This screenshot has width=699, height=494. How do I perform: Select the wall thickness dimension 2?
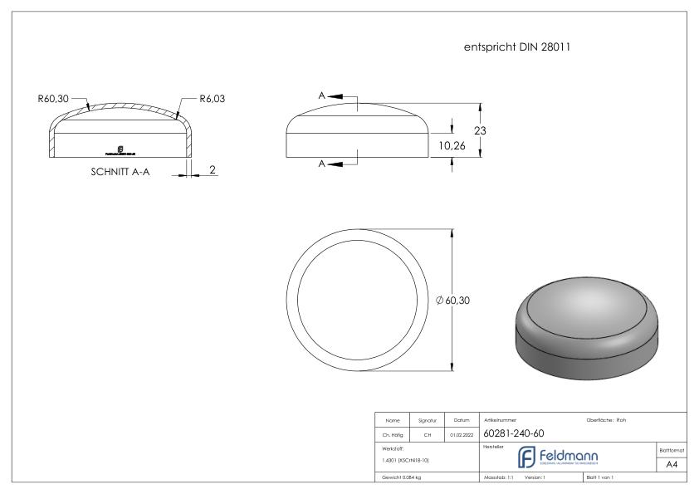point(213,169)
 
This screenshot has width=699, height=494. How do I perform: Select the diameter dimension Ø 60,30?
point(452,301)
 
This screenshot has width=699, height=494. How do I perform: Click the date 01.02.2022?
point(460,433)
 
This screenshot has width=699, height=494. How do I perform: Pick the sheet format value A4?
point(672,466)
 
